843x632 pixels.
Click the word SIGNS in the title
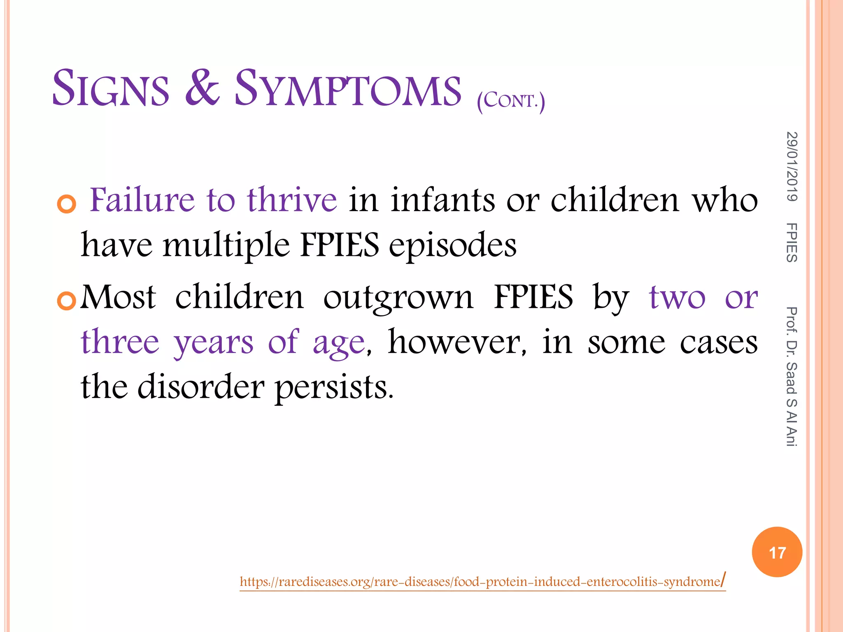(x=110, y=88)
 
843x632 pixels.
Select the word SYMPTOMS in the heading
(x=347, y=88)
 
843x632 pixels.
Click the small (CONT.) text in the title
(x=511, y=101)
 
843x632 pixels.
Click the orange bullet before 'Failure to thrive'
(x=67, y=204)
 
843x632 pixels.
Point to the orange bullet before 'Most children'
(x=67, y=301)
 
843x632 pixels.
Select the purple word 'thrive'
(x=292, y=200)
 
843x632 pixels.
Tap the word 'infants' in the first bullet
(x=442, y=200)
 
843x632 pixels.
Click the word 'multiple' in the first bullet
(x=226, y=245)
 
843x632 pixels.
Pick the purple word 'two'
(x=677, y=297)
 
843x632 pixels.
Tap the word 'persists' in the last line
(x=334, y=388)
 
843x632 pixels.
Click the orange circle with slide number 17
(x=777, y=552)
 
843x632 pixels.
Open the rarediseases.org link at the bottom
(x=482, y=581)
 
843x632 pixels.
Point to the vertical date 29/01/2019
(x=792, y=166)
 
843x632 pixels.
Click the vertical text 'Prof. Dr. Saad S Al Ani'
(x=792, y=376)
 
